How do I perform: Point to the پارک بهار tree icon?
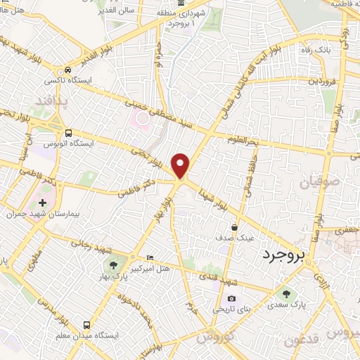[x=112, y=265]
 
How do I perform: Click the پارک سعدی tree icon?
[x=285, y=294]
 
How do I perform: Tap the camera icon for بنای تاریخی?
[x=231, y=299]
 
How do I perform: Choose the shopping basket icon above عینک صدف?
[x=235, y=227]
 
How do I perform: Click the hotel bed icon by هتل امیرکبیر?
[x=149, y=257]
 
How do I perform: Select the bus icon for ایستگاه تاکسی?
[x=67, y=70]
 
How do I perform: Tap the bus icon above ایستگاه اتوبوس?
[x=67, y=133]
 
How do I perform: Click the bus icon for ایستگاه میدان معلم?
[x=86, y=325]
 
